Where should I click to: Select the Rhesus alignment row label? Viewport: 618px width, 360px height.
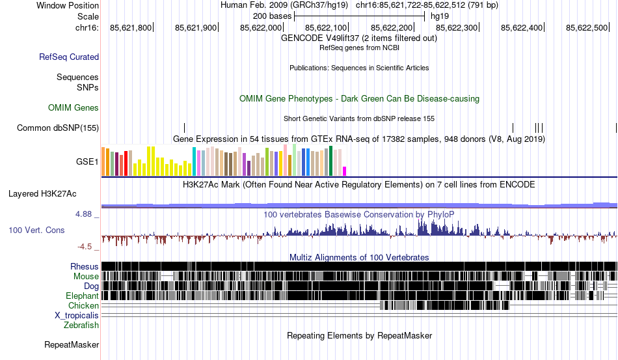pos(85,266)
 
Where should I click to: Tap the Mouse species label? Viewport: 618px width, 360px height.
pos(86,276)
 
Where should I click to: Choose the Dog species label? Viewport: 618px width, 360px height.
pos(91,286)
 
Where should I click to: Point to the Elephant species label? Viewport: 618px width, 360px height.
pos(82,296)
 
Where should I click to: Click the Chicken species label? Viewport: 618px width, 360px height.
pos(83,305)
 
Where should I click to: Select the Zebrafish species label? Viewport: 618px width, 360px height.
pos(81,325)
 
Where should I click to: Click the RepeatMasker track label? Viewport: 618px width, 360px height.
pos(71,344)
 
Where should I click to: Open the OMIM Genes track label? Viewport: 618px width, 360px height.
pos(74,107)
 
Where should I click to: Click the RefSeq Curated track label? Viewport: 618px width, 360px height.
pos(69,57)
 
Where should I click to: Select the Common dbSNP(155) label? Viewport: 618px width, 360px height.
pos(58,128)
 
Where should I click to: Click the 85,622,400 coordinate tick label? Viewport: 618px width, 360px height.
pos(522,27)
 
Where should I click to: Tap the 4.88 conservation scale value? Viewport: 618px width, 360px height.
pos(85,213)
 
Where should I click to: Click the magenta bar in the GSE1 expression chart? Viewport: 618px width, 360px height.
pos(345,171)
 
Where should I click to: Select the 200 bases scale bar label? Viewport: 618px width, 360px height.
pos(269,15)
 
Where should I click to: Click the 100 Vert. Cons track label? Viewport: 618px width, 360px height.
pos(36,230)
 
